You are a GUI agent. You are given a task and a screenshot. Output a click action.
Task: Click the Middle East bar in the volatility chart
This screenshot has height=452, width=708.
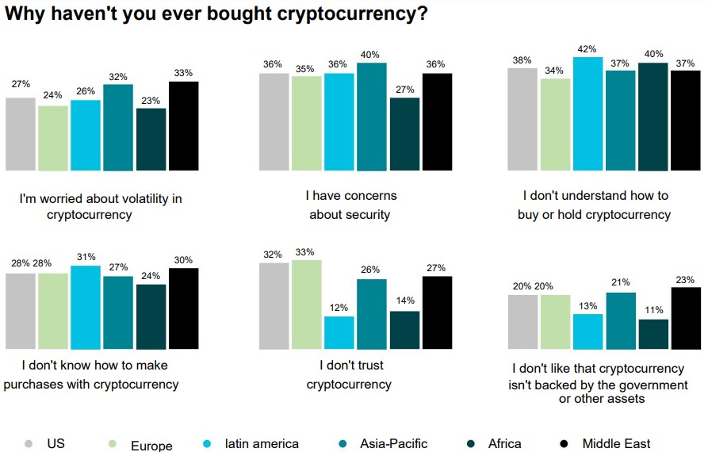coord(183,125)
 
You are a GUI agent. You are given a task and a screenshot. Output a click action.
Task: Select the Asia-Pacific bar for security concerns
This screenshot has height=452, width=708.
coord(371,116)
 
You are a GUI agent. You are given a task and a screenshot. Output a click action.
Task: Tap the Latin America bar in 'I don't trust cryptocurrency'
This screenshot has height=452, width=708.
coord(339,332)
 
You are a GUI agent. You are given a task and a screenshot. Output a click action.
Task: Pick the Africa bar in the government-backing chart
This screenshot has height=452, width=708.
coord(653,334)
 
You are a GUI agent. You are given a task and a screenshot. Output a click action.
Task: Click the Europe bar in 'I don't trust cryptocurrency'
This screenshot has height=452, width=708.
coord(306,304)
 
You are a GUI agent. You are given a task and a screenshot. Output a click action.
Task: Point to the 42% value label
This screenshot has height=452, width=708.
coord(587,48)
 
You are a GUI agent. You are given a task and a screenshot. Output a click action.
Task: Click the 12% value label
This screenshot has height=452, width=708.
coord(339,308)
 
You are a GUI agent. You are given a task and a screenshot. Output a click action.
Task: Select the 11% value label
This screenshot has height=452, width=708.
coord(653,311)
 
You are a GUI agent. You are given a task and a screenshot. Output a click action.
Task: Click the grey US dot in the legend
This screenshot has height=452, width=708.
coord(29,443)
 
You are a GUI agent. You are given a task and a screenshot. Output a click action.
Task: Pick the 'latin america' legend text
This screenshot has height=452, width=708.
coord(261,444)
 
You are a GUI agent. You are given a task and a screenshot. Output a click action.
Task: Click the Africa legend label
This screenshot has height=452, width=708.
coord(505,444)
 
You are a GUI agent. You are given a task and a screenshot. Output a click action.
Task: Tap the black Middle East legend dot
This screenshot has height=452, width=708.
coord(564,443)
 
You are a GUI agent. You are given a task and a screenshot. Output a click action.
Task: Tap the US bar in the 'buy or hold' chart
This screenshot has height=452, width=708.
coord(522,119)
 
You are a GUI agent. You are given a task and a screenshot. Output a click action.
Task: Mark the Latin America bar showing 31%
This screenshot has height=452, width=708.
coord(86,307)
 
